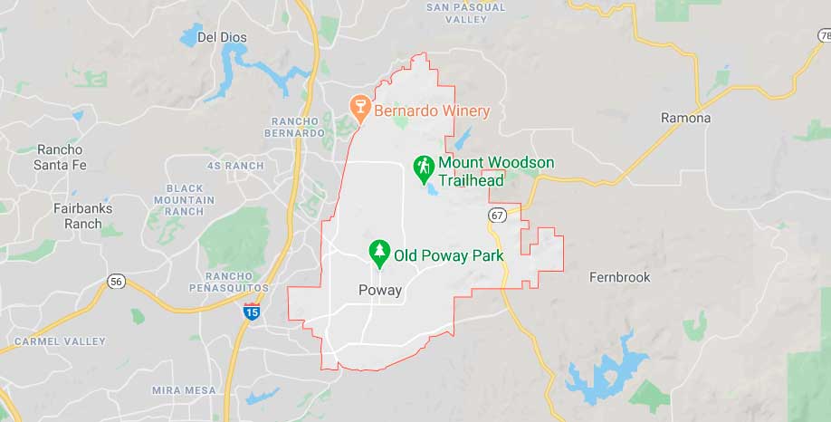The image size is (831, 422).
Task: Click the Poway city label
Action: [380, 290]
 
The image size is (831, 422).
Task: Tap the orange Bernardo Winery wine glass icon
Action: [360, 109]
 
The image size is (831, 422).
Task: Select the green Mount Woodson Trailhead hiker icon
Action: [423, 168]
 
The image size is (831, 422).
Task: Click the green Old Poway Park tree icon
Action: [379, 254]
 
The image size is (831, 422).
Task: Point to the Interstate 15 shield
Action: [252, 312]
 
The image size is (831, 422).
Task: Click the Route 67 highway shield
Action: [497, 215]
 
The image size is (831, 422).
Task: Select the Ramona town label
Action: [685, 118]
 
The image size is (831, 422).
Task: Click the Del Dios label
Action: [222, 37]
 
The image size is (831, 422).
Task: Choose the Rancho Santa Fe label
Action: [59, 157]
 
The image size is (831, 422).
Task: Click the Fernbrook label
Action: [619, 277]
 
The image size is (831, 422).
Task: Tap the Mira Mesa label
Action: [184, 389]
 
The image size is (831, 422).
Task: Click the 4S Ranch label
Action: [235, 166]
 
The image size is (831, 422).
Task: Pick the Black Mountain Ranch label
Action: [185, 199]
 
